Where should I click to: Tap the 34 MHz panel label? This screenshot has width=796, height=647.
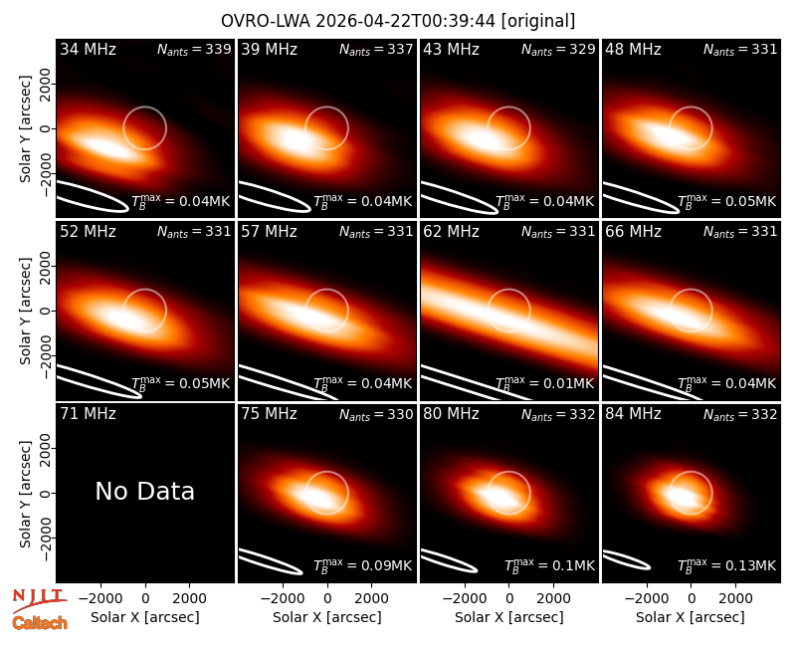click(x=88, y=49)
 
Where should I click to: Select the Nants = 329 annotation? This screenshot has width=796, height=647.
click(x=558, y=49)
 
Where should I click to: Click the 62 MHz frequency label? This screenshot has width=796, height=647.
click(x=452, y=232)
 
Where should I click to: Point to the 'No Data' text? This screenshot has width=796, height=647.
click(x=145, y=491)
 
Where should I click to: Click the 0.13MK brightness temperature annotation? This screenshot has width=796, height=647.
click(x=727, y=565)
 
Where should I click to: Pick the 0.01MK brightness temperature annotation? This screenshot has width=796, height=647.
click(x=544, y=383)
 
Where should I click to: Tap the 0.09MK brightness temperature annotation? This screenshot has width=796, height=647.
click(x=362, y=565)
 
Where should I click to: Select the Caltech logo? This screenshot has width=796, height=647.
click(x=40, y=623)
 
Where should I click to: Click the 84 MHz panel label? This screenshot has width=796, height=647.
click(x=633, y=414)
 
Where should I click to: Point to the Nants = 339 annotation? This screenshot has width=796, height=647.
click(x=194, y=49)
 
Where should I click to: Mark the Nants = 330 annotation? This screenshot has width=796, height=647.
click(x=376, y=414)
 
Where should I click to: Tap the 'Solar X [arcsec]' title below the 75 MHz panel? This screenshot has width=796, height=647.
click(x=327, y=617)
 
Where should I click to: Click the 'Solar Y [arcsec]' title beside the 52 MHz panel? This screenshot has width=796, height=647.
click(x=26, y=311)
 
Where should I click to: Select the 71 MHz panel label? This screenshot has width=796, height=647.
click(x=88, y=414)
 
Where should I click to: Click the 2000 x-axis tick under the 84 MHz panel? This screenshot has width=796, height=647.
click(x=735, y=599)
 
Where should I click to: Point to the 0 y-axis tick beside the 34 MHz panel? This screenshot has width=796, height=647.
click(x=46, y=128)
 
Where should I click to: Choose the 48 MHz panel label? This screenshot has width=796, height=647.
click(x=633, y=49)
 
